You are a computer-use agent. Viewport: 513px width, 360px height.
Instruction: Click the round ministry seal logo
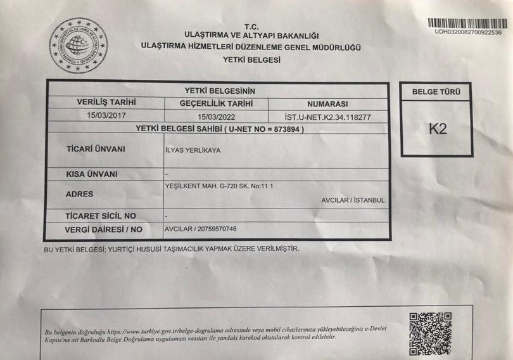click(x=79, y=45)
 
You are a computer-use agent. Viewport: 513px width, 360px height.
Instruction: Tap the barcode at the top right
click(x=469, y=22)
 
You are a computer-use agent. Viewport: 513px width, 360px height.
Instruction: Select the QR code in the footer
click(x=430, y=333)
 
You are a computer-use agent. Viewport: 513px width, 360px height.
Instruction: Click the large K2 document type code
click(x=438, y=129)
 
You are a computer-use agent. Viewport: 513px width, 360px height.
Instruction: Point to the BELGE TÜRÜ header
click(x=436, y=92)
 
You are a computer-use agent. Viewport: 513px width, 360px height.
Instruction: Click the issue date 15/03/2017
click(x=107, y=115)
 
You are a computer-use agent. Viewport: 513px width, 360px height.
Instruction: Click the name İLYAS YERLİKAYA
click(x=193, y=150)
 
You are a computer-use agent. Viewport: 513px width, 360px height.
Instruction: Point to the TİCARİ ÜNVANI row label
click(x=96, y=149)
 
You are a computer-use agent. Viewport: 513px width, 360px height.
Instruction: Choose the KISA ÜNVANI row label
click(x=92, y=174)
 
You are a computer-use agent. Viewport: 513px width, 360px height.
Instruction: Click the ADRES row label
click(x=80, y=194)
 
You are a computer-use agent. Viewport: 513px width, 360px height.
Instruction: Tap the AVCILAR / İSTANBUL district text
click(x=353, y=200)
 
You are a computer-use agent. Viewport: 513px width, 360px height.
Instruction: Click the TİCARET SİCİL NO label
click(x=101, y=215)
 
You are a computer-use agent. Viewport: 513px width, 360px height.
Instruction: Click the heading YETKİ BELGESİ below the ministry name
click(x=251, y=60)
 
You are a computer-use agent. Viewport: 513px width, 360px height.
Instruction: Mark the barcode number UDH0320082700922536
click(x=468, y=32)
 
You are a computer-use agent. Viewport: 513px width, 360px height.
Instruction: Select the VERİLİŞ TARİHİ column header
click(x=106, y=102)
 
